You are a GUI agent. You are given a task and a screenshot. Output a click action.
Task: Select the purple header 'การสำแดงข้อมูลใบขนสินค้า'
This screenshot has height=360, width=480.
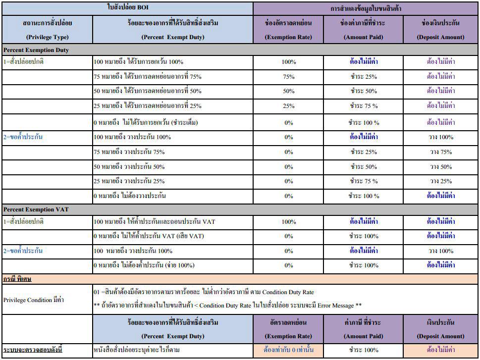pyautogui.click(x=366, y=9)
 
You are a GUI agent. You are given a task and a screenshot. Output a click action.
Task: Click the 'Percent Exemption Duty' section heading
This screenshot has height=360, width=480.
pyautogui.click(x=36, y=50)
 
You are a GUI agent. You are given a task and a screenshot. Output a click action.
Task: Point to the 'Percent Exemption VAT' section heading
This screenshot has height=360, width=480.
pyautogui.click(x=36, y=209)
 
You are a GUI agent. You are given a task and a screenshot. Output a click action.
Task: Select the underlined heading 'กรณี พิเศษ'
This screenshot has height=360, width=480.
pyautogui.click(x=17, y=279)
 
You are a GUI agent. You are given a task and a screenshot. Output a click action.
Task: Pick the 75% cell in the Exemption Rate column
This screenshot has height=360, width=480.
pyautogui.click(x=288, y=77)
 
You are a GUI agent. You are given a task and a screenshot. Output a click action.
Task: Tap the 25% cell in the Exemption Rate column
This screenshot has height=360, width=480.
pyautogui.click(x=288, y=106)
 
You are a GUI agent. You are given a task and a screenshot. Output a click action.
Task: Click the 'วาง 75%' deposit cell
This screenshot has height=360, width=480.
pyautogui.click(x=441, y=152)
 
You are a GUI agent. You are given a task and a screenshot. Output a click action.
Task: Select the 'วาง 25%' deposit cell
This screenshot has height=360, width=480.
pyautogui.click(x=441, y=181)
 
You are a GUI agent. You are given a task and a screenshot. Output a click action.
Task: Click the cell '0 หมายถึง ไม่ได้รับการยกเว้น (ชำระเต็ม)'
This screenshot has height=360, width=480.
pyautogui.click(x=146, y=123)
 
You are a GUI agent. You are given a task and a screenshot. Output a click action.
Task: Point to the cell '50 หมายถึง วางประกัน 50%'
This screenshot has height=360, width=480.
pyautogui.click(x=129, y=167)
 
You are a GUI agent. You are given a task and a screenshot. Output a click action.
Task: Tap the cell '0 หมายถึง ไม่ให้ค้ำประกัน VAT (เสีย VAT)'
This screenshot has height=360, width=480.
pyautogui.click(x=149, y=236)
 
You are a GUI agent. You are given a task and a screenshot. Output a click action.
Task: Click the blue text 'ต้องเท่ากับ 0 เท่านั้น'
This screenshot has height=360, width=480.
pyautogui.click(x=288, y=350)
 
